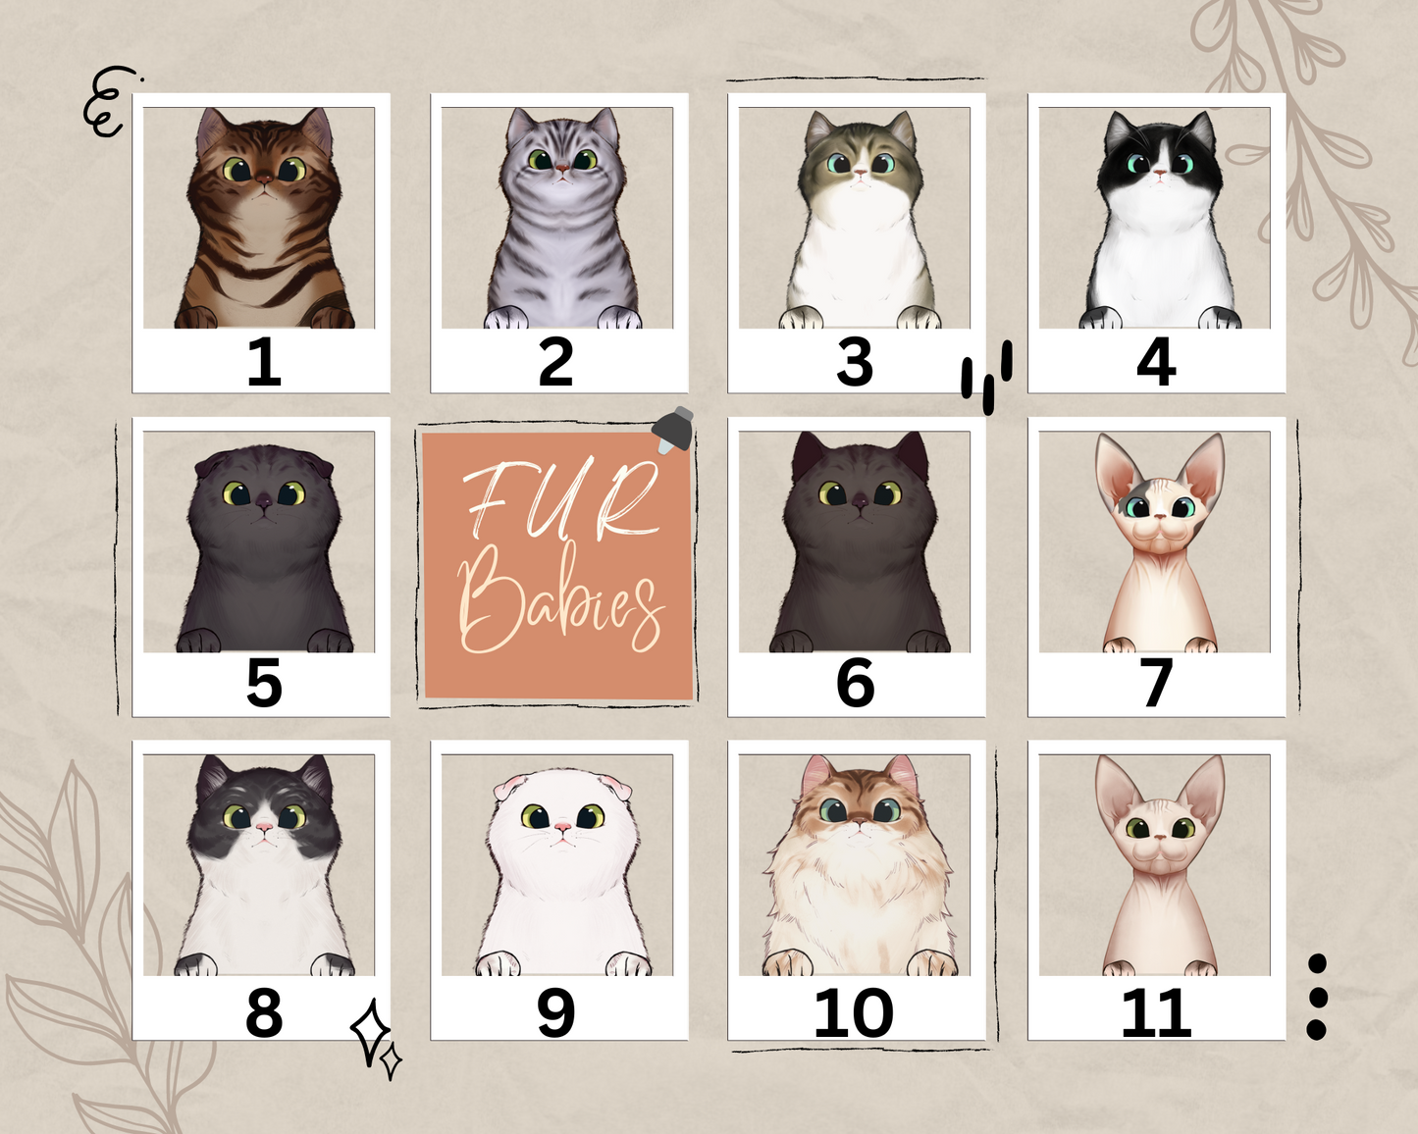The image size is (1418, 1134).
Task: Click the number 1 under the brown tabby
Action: [263, 362]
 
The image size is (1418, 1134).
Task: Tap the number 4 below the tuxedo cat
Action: [1156, 362]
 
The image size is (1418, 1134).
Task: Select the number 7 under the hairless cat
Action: [1156, 683]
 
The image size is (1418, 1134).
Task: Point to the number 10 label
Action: [854, 1012]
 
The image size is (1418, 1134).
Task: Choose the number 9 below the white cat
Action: [555, 1012]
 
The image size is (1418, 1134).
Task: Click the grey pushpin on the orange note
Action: [674, 429]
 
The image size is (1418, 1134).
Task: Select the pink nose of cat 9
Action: [562, 829]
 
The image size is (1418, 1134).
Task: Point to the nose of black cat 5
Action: [264, 501]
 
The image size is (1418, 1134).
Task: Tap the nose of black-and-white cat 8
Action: [264, 828]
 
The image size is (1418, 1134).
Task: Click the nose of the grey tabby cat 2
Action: [562, 168]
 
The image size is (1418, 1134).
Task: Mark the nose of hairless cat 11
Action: [1159, 837]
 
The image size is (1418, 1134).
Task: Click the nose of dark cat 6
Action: [860, 501]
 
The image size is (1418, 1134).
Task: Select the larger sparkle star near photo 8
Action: [370, 1030]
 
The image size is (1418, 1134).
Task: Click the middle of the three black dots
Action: [1317, 997]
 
